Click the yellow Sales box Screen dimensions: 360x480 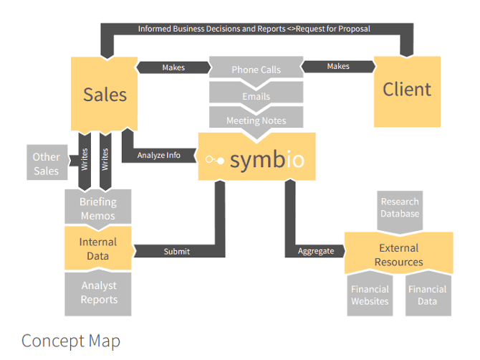click(105, 94)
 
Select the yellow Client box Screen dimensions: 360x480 click(406, 90)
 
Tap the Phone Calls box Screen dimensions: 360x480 click(256, 70)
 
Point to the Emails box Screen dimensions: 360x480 click(256, 95)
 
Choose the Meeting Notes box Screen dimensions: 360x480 click(256, 120)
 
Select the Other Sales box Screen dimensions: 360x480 click(47, 164)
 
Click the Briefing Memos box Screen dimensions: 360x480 click(98, 208)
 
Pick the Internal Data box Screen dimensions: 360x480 click(98, 248)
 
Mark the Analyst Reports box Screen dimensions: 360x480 click(98, 293)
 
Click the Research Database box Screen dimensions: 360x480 click(399, 208)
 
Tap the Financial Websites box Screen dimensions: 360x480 click(370, 295)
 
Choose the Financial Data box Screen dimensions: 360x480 click(427, 295)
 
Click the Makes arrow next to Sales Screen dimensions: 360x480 click(173, 67)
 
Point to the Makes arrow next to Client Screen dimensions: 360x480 click(338, 66)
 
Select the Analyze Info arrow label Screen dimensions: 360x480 click(160, 154)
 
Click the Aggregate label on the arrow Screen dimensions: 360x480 click(316, 251)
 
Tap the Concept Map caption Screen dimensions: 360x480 click(71, 340)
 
